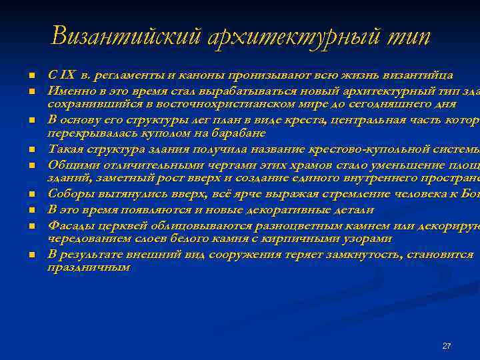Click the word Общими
click(69, 164)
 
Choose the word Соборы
click(69, 194)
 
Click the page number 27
click(447, 346)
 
